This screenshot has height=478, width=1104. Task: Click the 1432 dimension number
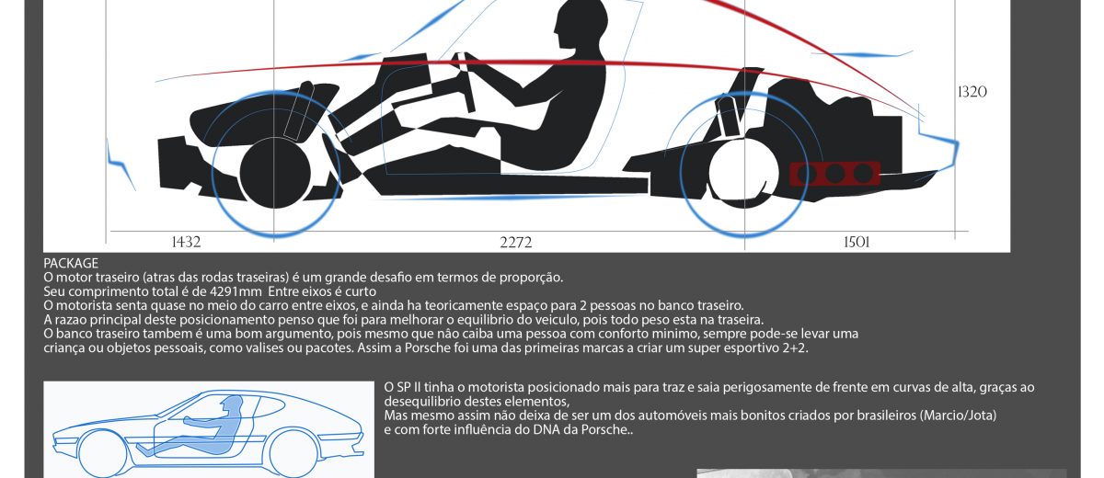point(186,242)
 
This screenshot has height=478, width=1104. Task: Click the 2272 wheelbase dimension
point(516,242)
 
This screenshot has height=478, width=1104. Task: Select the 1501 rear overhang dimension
point(857,242)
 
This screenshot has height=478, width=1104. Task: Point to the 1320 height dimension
point(972,92)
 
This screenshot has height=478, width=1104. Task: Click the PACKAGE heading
point(71,264)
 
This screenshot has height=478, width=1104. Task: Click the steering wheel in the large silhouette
point(465,81)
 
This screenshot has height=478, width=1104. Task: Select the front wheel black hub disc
point(275,174)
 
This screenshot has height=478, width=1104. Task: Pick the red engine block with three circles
point(835,174)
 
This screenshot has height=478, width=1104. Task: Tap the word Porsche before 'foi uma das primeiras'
point(427,348)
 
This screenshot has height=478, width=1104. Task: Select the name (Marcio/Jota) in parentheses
point(958,415)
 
